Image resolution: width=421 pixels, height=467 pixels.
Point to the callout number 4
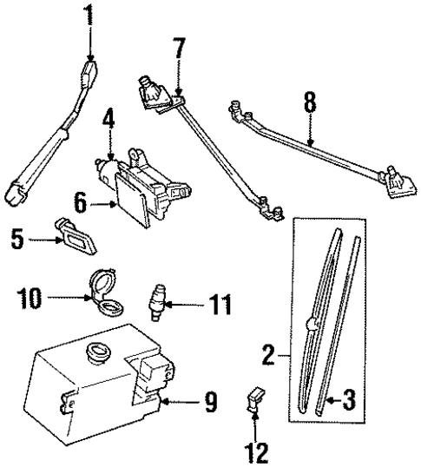point(109,118)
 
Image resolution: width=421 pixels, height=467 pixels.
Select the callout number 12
point(255,451)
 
